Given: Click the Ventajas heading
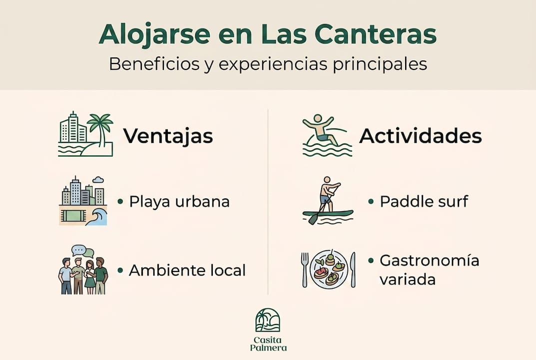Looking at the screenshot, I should (x=168, y=136).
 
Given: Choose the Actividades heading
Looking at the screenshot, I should (x=420, y=136).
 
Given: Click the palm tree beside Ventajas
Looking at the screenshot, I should (x=100, y=126).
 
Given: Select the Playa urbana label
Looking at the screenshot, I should (x=179, y=201).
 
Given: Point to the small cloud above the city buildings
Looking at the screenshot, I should (x=98, y=179).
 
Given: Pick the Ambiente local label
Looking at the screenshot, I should (x=187, y=270).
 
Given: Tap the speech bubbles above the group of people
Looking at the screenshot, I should (x=82, y=251).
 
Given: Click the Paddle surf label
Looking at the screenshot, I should (x=424, y=201).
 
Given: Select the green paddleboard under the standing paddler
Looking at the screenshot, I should (x=328, y=214).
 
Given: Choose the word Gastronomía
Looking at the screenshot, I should (x=429, y=261).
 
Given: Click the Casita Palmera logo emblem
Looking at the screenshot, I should (x=268, y=320).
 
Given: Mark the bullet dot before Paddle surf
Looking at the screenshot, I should (x=371, y=201).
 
